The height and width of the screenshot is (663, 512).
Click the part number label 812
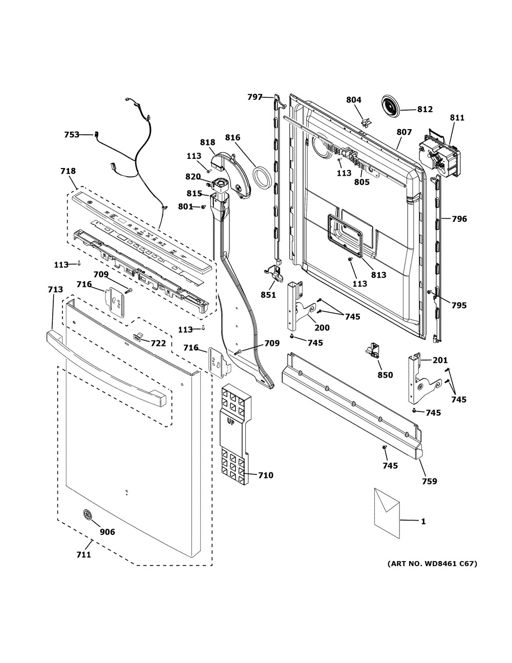click(x=424, y=109)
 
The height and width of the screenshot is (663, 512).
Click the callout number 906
click(x=108, y=532)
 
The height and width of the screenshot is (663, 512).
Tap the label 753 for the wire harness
click(x=72, y=135)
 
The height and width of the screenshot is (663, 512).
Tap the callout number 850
click(x=385, y=375)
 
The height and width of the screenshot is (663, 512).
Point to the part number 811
click(x=457, y=118)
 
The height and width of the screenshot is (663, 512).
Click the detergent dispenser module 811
click(x=438, y=151)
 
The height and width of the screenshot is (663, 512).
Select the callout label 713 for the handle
click(x=55, y=290)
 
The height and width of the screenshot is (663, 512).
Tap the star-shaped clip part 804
click(x=366, y=122)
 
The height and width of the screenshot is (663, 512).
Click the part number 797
click(x=255, y=96)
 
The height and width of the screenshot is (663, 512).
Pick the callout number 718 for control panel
click(x=68, y=171)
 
